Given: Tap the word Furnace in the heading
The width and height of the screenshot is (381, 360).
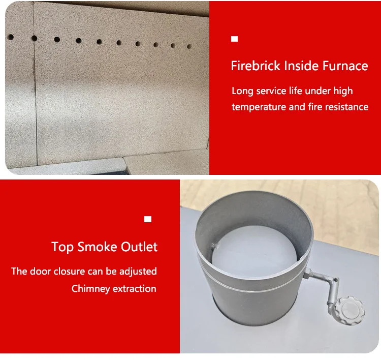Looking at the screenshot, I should pyautogui.click(x=343, y=66).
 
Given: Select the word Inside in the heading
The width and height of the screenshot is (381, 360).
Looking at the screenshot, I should pyautogui.click(x=299, y=66).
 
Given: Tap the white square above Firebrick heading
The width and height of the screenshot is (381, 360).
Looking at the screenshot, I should pyautogui.click(x=234, y=39).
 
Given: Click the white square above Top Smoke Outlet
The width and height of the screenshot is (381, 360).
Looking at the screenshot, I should pyautogui.click(x=148, y=219).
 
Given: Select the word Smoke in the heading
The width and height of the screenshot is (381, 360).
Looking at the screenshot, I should pyautogui.click(x=98, y=247).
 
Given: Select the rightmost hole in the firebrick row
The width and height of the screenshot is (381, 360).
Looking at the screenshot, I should pyautogui.click(x=189, y=46).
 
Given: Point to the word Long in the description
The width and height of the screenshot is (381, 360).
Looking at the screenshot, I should pyautogui.click(x=242, y=91).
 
